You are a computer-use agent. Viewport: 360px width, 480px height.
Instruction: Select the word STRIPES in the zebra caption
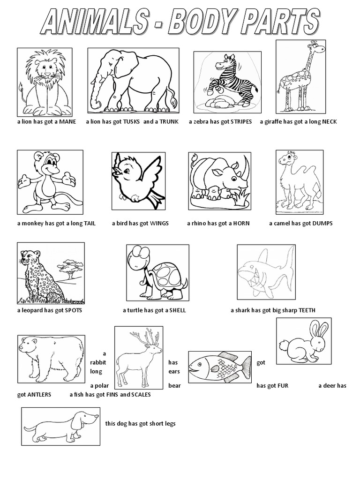(241, 122)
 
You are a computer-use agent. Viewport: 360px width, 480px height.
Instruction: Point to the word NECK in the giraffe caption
(329, 122)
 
